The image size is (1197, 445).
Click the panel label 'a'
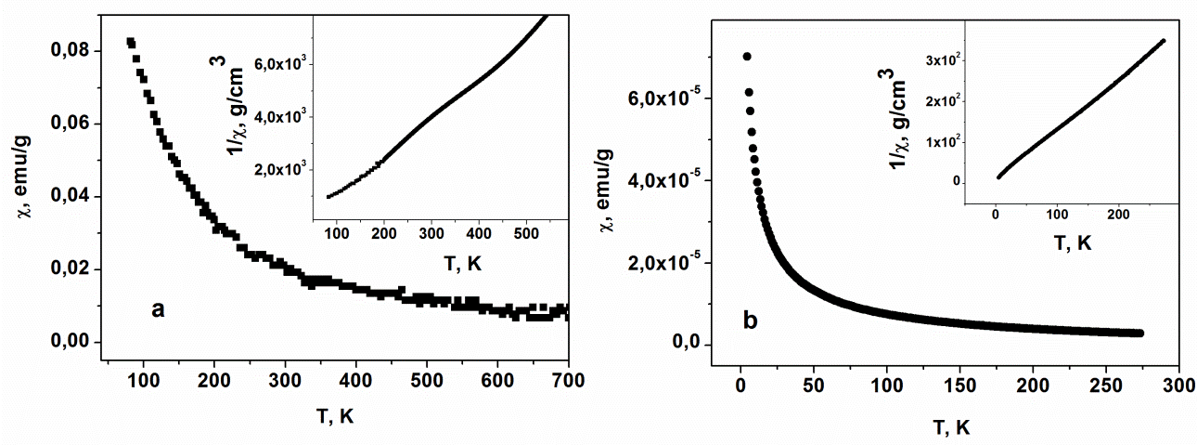[x=158, y=310]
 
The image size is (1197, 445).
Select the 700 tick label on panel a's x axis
[x=567, y=379]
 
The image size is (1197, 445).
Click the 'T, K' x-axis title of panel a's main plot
[x=328, y=415]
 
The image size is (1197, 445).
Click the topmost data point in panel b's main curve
[x=746, y=57]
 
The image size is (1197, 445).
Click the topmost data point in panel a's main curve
[x=131, y=42]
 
